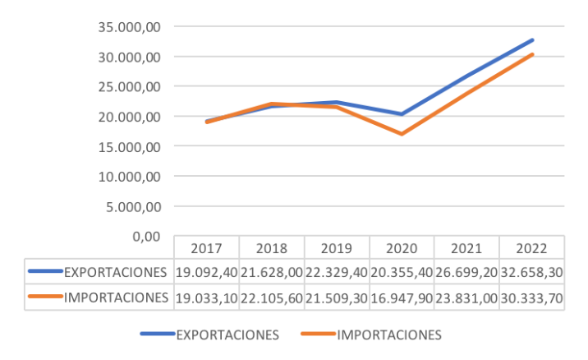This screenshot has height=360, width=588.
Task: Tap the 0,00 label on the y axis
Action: pyautogui.click(x=145, y=237)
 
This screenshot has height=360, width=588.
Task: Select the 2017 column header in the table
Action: pyautogui.click(x=206, y=248)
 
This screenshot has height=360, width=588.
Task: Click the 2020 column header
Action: pyautogui.click(x=402, y=248)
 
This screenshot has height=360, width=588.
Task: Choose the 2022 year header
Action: pyautogui.click(x=532, y=248)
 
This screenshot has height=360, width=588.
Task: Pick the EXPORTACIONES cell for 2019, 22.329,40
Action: pyautogui.click(x=336, y=271)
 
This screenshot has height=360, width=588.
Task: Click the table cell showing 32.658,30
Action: pyautogui.click(x=532, y=271)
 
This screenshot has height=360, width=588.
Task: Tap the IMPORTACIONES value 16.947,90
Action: pyautogui.click(x=402, y=297)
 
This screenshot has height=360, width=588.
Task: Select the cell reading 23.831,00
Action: pyautogui.click(x=466, y=297)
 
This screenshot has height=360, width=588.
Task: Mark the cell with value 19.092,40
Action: pyautogui.click(x=206, y=271)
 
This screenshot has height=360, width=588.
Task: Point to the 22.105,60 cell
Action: pyautogui.click(x=271, y=297)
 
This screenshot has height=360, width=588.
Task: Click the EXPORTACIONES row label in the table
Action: pyautogui.click(x=115, y=271)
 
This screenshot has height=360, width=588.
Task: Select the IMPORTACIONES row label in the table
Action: pyautogui.click(x=116, y=297)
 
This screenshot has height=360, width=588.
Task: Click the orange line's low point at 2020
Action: pyautogui.click(x=402, y=134)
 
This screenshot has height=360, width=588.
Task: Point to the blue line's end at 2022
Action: pyautogui.click(x=532, y=40)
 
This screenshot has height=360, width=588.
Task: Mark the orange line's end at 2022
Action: pyautogui.click(x=532, y=54)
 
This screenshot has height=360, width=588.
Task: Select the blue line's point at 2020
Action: pyautogui.click(x=402, y=114)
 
